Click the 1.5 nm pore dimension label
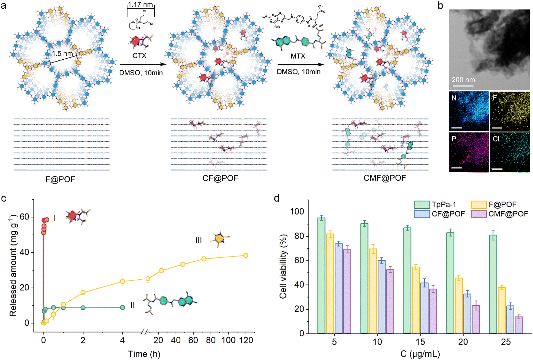click(62, 54)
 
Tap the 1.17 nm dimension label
click(141, 5)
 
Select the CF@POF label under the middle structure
click(220, 178)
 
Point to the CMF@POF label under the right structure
click(384, 178)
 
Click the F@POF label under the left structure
click(60, 179)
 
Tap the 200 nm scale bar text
click(463, 80)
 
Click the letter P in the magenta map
click(454, 139)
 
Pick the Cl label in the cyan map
click(496, 139)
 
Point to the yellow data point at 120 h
click(245, 255)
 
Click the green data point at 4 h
click(122, 308)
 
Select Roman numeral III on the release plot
click(198, 240)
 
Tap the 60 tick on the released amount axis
click(25, 217)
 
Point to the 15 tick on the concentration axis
click(420, 342)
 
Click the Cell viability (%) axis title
click(283, 266)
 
